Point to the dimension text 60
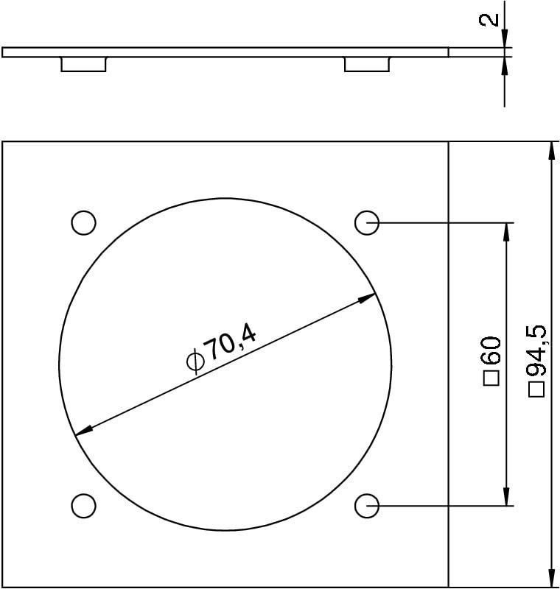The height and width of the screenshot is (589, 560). [x=492, y=350]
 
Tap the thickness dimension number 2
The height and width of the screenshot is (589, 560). [x=489, y=20]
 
